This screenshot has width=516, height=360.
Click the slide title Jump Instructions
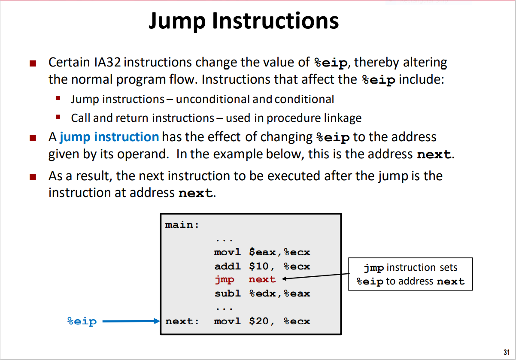coord(243,21)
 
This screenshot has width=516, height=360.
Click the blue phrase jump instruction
coord(109,137)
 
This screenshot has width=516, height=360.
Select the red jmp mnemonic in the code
coord(225,280)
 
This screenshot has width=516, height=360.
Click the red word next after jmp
coord(262,280)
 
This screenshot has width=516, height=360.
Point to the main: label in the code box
coord(182,225)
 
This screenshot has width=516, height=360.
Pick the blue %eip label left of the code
coord(82,321)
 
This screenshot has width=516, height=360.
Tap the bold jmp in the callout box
coord(373,268)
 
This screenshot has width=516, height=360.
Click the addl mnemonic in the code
coord(228,266)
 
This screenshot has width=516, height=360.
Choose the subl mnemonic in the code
coord(228,294)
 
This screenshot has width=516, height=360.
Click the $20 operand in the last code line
coord(259,321)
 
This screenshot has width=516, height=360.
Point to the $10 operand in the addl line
coord(259,266)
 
